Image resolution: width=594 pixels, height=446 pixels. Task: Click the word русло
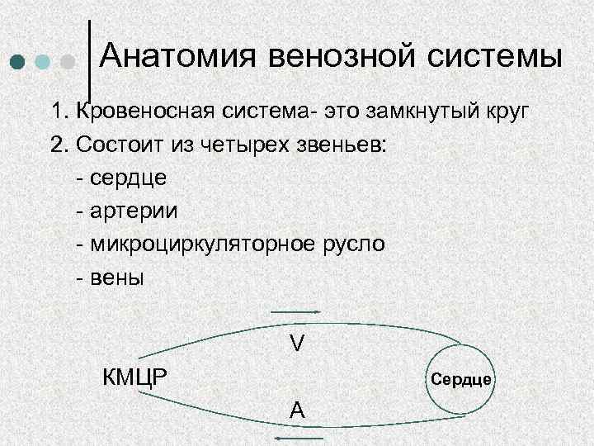(x=354, y=244)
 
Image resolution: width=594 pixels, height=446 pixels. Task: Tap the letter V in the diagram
(x=296, y=341)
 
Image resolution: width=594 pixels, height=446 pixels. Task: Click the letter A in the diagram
(x=296, y=410)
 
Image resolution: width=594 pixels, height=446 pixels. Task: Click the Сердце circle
(x=461, y=379)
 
